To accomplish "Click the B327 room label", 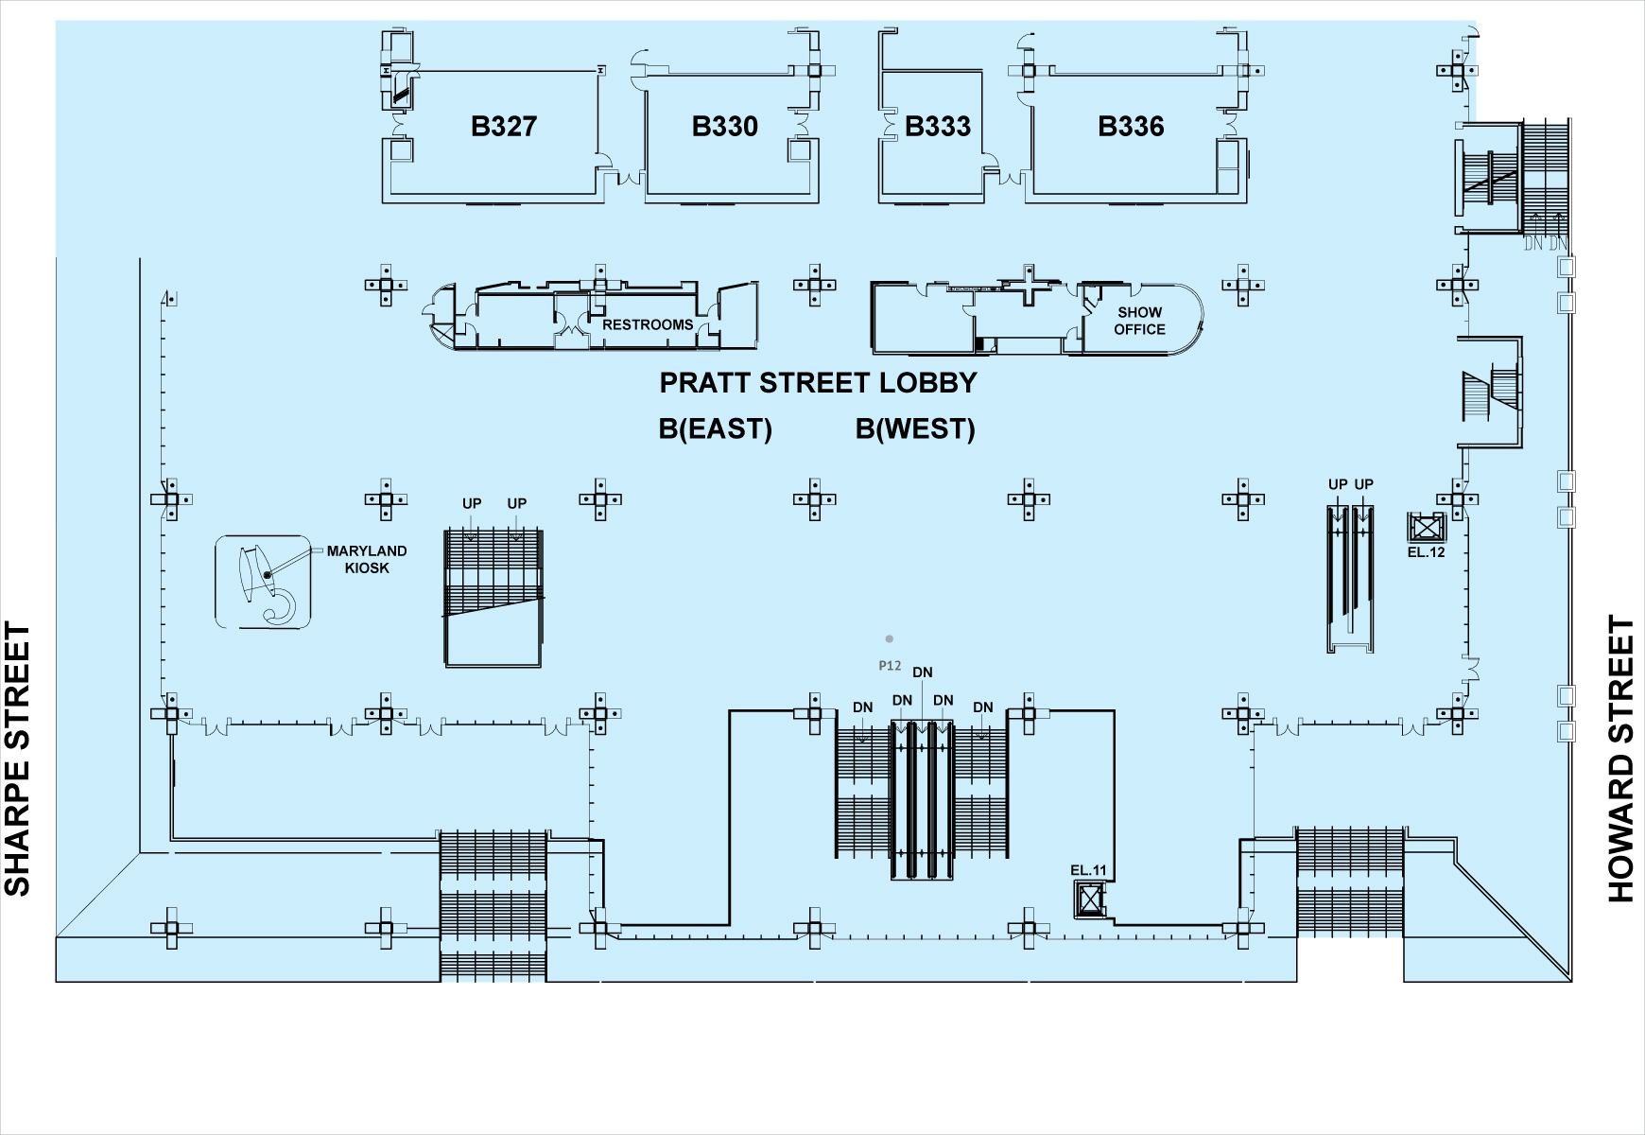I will [x=504, y=127].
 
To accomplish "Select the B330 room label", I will [x=725, y=127].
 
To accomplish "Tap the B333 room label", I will [x=937, y=127].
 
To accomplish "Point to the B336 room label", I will [x=1131, y=127].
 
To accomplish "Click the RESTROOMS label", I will [x=648, y=325].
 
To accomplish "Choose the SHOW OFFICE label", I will [x=1139, y=321].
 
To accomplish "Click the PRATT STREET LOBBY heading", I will [x=818, y=383].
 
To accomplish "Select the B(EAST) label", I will [x=715, y=429].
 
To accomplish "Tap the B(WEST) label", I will [x=915, y=429].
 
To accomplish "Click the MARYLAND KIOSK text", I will [x=367, y=559].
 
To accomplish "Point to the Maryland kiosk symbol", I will [x=263, y=582].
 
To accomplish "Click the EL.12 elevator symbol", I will [x=1427, y=527].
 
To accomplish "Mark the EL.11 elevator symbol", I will [x=1090, y=899].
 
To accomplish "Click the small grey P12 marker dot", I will [x=889, y=639].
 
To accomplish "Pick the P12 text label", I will [x=890, y=666].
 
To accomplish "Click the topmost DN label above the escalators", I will [x=923, y=672].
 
